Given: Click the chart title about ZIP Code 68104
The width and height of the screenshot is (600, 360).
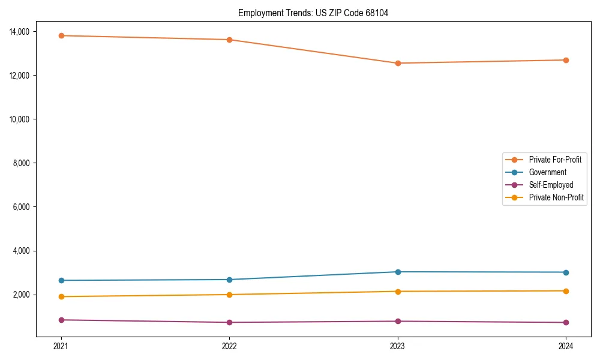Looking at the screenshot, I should coord(313,13).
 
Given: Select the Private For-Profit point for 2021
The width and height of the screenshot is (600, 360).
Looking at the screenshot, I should coord(61,35).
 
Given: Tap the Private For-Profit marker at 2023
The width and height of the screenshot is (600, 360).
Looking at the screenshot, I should coord(398,63).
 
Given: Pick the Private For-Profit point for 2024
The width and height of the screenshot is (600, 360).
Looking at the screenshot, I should coord(566,60).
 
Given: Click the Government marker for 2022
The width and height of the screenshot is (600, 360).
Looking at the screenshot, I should coord(229,280).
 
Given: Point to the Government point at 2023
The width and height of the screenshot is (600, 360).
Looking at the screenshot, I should coord(398,272).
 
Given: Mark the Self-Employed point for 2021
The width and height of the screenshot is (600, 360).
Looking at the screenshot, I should coord(61,320).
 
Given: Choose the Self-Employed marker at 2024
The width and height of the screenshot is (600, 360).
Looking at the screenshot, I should coord(566,322).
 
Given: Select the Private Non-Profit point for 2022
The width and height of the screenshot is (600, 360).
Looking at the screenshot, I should coord(229,295).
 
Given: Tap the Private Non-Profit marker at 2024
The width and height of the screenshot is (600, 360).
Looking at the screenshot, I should coord(566,291).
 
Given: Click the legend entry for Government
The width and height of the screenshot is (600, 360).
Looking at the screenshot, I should coord(547,172).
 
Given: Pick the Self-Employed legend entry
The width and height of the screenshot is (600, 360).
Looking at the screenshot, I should coord(551,185).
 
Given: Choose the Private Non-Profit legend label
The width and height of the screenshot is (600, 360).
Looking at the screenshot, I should coord(556,197).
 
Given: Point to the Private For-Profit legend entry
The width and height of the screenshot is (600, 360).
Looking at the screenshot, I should coord(555,160).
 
